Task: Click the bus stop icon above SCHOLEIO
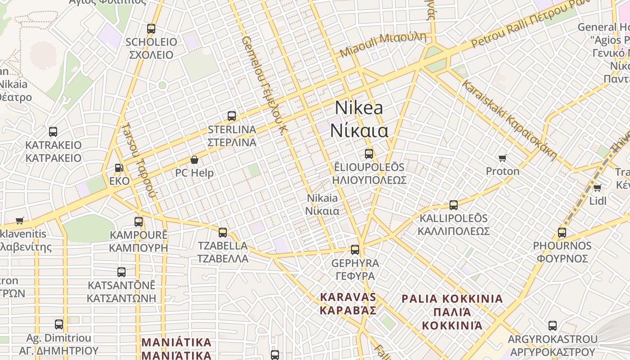(x=151, y=29)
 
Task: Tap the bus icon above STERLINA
(x=232, y=116)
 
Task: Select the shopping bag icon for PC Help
(x=194, y=160)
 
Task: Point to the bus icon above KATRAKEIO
(x=53, y=132)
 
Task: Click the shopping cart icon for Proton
(x=503, y=158)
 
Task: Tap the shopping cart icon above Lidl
(x=597, y=188)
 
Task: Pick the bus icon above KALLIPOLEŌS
(x=454, y=205)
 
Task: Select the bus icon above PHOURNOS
(x=562, y=233)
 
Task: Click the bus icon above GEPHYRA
(x=355, y=250)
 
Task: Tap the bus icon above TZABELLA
(x=223, y=233)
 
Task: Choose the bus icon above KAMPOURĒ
(x=139, y=222)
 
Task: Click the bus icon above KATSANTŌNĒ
(x=121, y=272)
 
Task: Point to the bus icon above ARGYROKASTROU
(x=553, y=326)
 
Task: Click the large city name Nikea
(x=359, y=108)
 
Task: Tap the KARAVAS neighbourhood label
(x=348, y=303)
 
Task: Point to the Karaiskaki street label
(x=509, y=119)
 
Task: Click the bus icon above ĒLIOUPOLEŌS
(x=369, y=154)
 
